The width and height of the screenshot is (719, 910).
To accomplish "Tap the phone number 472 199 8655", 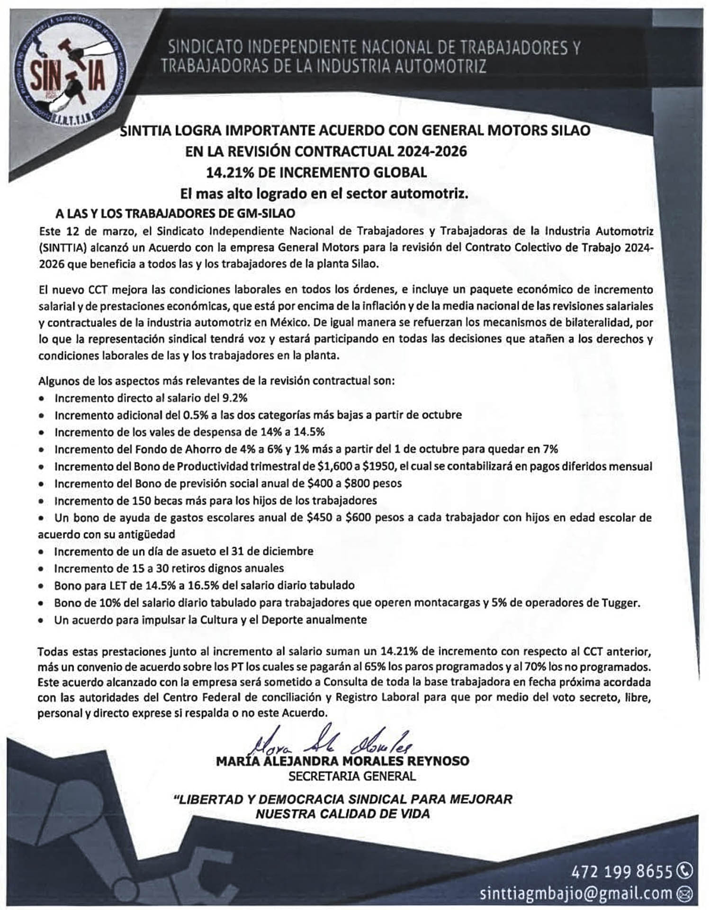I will (622, 872).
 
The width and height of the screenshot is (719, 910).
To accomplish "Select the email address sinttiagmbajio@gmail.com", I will (575, 893).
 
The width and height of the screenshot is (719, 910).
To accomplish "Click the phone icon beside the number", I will (685, 871).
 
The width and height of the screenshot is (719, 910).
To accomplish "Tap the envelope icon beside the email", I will (685, 894).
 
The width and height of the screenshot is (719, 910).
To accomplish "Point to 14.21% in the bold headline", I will (231, 172).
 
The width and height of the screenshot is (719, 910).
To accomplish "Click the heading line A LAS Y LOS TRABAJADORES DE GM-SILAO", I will (175, 213).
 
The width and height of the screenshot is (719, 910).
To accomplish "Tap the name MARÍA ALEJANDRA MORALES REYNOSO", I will (342, 761).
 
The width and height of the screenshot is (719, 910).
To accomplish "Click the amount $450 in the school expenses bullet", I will (319, 518).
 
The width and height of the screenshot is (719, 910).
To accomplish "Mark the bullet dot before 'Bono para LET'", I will (43, 586).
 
